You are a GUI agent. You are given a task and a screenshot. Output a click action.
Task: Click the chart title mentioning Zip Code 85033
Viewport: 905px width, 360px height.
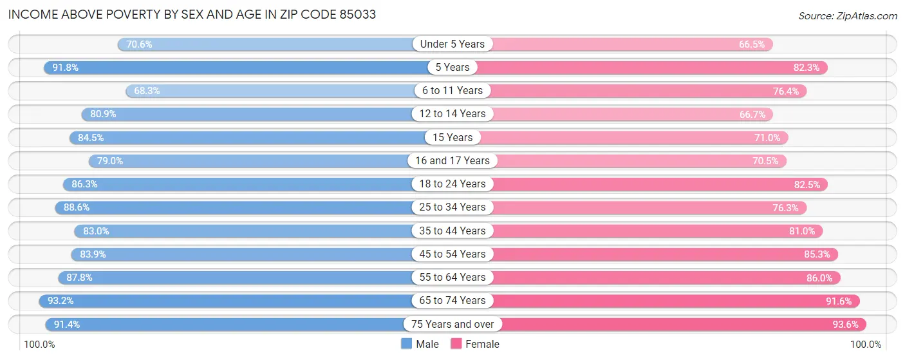tap(192, 14)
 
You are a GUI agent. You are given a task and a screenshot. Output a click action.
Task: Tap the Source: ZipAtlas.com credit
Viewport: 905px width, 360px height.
tap(847, 15)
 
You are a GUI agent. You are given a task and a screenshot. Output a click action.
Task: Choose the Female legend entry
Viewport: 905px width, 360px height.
tap(475, 344)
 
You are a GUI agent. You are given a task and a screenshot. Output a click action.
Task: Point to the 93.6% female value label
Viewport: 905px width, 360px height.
tap(844, 324)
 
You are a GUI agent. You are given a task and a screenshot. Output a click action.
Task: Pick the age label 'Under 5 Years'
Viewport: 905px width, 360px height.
tap(452, 44)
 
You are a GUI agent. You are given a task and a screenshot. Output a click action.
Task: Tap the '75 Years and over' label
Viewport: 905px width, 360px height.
tap(452, 324)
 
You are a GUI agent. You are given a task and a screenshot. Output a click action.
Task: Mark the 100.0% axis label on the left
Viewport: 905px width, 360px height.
tap(40, 345)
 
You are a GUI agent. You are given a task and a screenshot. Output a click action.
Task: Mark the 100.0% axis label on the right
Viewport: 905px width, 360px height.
tap(866, 345)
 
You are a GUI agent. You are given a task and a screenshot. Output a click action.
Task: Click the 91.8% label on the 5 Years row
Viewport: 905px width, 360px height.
tap(65, 68)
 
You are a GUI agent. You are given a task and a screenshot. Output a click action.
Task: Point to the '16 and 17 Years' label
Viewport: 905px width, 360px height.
tap(452, 160)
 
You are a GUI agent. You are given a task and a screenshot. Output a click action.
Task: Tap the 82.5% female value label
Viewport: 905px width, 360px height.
tap(807, 184)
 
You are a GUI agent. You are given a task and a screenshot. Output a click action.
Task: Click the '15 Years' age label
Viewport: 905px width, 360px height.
tap(452, 137)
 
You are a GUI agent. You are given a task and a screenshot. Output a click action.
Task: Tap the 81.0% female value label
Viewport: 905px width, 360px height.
tap(801, 231)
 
